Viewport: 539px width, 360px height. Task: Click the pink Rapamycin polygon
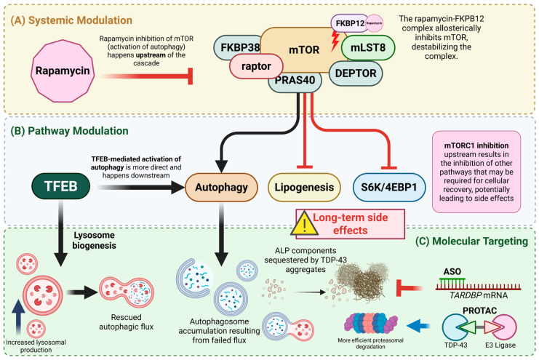(x=63, y=71)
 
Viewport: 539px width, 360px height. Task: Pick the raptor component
(x=256, y=66)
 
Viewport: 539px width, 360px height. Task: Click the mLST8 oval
(x=368, y=47)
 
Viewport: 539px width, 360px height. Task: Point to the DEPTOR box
(x=356, y=73)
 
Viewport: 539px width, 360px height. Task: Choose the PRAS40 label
(x=295, y=81)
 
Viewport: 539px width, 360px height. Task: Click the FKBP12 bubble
(x=350, y=23)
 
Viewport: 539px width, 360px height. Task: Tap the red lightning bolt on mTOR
(x=335, y=41)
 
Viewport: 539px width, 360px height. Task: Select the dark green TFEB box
(x=61, y=186)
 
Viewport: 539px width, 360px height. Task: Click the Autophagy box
(x=221, y=187)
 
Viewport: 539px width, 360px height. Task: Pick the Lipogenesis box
(x=304, y=187)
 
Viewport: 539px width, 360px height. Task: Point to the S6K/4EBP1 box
(x=388, y=187)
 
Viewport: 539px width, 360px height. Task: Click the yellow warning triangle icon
(x=304, y=224)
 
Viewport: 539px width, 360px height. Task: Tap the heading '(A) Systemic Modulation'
(x=71, y=20)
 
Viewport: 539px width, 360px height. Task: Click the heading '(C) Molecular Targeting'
(x=471, y=241)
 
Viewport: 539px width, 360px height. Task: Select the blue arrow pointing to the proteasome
(x=418, y=325)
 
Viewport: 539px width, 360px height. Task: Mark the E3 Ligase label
(x=500, y=345)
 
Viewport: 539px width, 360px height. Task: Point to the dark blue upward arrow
(x=18, y=317)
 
